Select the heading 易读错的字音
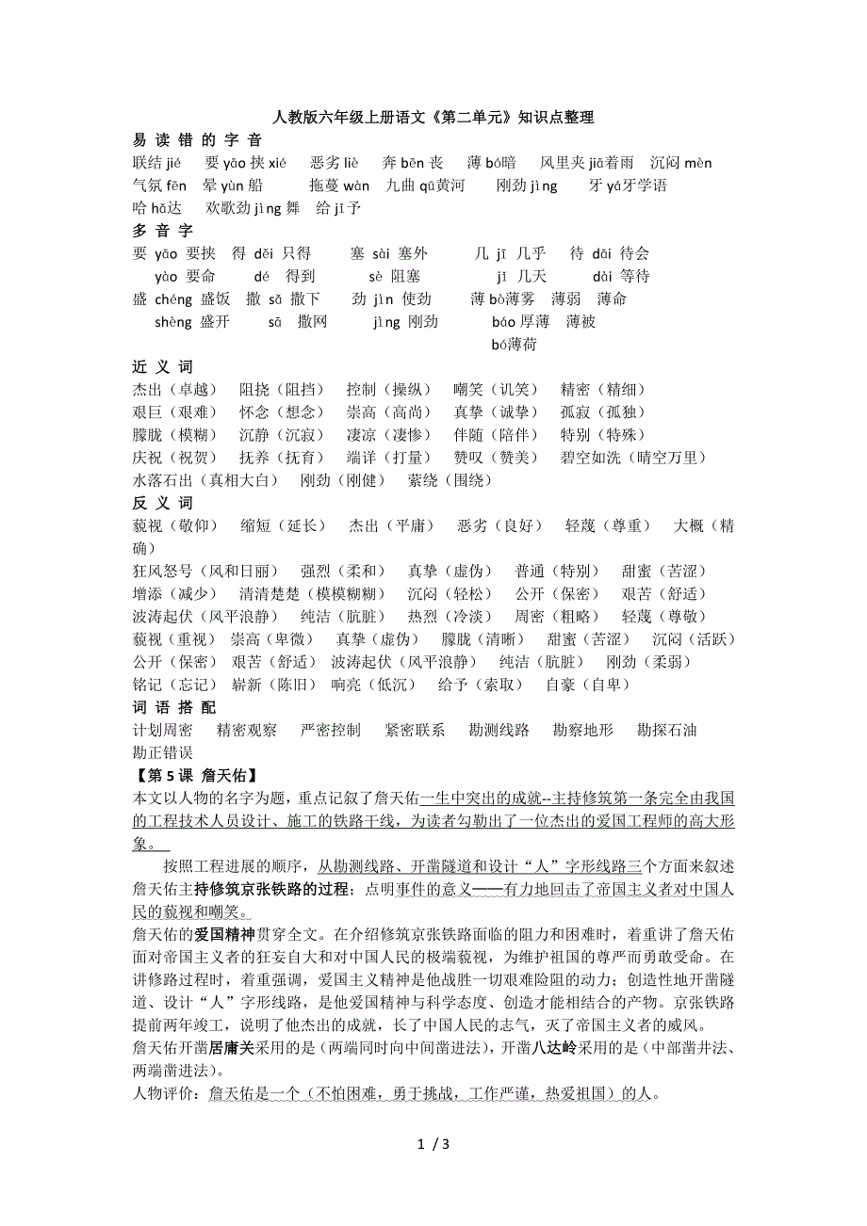[197, 140]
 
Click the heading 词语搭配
[174, 707]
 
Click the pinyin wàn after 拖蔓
[356, 186]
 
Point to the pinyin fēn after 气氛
[177, 186]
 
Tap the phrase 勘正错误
[163, 752]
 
